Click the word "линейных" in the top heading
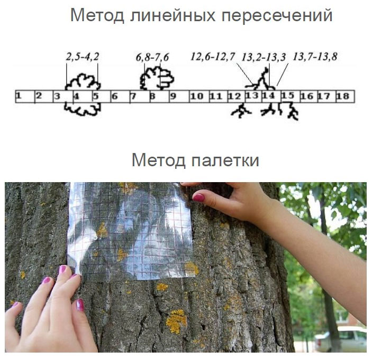click(x=173, y=15)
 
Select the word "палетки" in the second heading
click(x=225, y=160)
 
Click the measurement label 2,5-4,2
click(x=83, y=57)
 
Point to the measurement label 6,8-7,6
click(x=152, y=57)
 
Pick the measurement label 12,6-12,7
click(x=213, y=57)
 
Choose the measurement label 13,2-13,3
click(x=264, y=57)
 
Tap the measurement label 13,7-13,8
click(x=315, y=57)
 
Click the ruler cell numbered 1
click(x=25, y=96)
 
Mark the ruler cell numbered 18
click(x=345, y=96)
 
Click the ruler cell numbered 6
click(x=120, y=96)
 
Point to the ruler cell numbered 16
click(x=309, y=96)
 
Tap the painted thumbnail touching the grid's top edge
click(x=198, y=197)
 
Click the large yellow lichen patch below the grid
click(x=176, y=321)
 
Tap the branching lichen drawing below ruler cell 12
click(x=241, y=111)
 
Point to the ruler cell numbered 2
click(x=44, y=96)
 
